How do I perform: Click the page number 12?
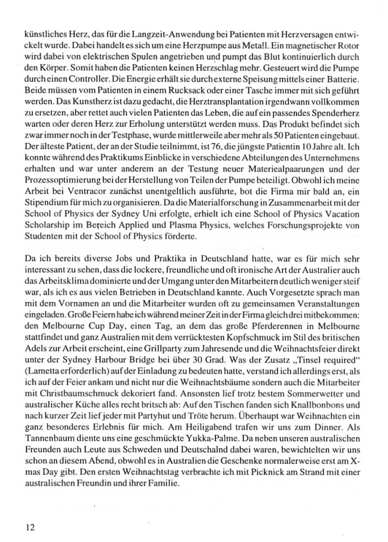31,526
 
